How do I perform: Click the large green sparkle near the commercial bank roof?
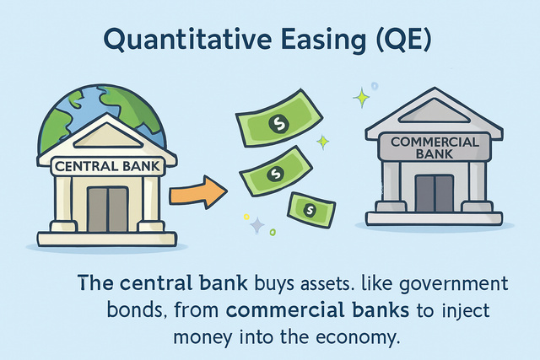[x=362, y=99]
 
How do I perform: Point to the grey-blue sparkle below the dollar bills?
[x=258, y=224]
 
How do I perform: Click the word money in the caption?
[x=199, y=337]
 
